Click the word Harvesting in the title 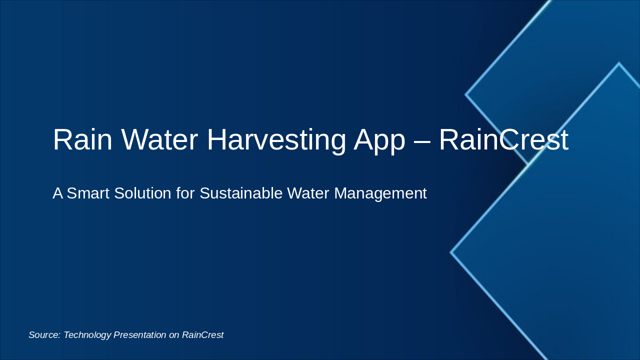pyautogui.click(x=276, y=139)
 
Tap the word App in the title pyautogui.click(x=379, y=139)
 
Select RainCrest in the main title pyautogui.click(x=503, y=139)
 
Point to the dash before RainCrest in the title pyautogui.click(x=422, y=140)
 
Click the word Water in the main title pyautogui.click(x=159, y=139)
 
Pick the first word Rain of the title pyautogui.click(x=82, y=139)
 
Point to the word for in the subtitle pyautogui.click(x=185, y=193)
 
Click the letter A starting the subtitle pyautogui.click(x=57, y=193)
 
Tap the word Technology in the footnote pyautogui.click(x=87, y=335)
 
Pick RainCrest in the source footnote pyautogui.click(x=202, y=335)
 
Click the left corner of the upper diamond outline pyautogui.click(x=466, y=94)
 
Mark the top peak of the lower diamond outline pyautogui.click(x=619, y=63)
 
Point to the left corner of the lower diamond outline pyautogui.click(x=451, y=252)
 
